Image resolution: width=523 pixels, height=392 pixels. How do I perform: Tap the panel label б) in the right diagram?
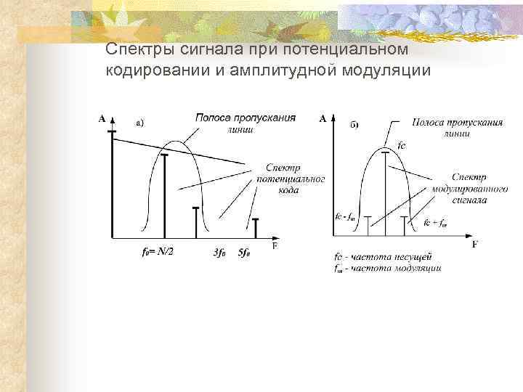pyautogui.click(x=354, y=125)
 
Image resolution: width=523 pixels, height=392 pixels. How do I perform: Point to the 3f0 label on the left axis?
pyautogui.click(x=220, y=253)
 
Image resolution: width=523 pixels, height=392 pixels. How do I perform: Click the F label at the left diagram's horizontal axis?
pyautogui.click(x=275, y=246)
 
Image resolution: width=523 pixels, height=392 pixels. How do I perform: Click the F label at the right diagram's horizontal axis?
pyautogui.click(x=474, y=245)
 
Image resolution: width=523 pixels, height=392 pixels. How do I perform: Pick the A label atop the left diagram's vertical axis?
pyautogui.click(x=102, y=118)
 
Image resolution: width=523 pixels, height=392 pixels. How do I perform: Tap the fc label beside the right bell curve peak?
pyautogui.click(x=402, y=145)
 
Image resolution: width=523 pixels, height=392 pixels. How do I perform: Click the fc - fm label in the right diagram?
pyautogui.click(x=345, y=216)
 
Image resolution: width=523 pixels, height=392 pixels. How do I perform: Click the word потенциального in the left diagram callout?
pyautogui.click(x=290, y=179)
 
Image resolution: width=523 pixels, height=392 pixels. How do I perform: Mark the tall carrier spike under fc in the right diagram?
pyautogui.click(x=386, y=192)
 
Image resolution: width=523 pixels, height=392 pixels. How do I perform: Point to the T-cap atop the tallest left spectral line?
pyautogui.click(x=111, y=131)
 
